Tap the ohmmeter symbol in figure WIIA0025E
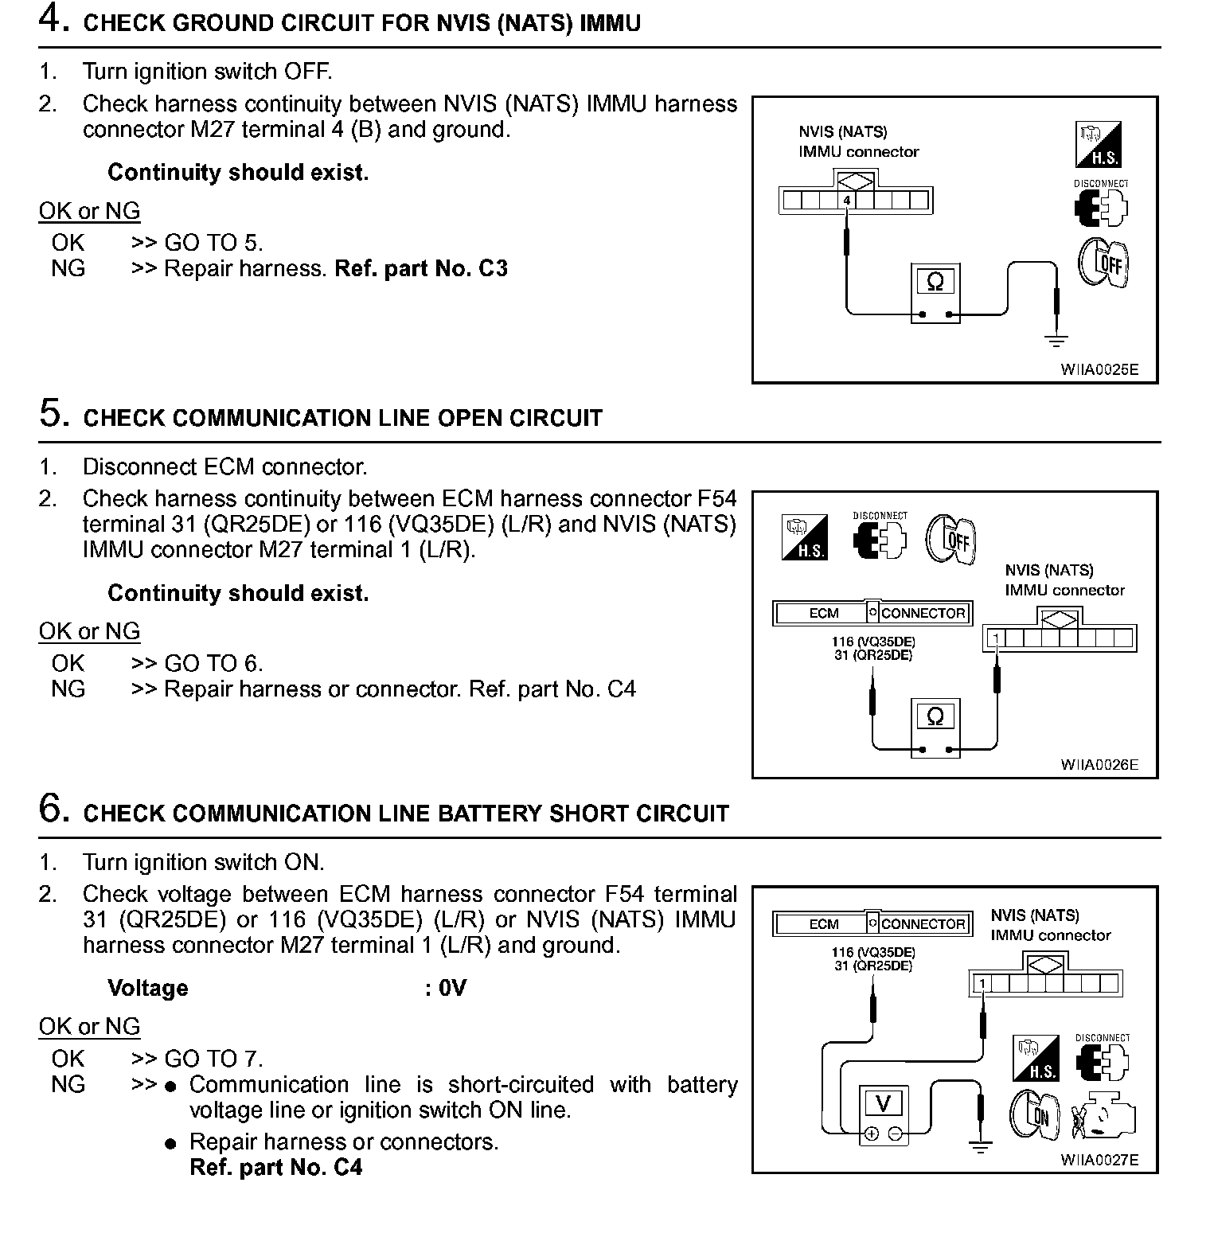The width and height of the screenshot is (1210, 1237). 935,283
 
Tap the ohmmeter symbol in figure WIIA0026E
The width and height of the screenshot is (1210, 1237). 935,717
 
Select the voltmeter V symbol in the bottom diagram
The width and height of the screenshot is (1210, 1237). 883,1104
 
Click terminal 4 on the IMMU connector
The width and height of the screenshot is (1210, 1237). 847,201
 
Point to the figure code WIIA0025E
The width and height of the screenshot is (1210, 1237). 1099,369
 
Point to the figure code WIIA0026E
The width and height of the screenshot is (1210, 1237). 1099,765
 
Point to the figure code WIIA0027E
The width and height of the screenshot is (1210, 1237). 1099,1160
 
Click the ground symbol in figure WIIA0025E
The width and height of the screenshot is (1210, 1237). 1056,341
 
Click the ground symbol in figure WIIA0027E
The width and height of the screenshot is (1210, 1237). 980,1148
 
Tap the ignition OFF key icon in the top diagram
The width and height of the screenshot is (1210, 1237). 1103,263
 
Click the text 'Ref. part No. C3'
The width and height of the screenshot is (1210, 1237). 420,269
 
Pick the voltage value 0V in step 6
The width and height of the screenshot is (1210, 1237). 452,989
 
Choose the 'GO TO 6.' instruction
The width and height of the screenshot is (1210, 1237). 213,664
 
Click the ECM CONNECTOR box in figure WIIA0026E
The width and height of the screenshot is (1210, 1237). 872,613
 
